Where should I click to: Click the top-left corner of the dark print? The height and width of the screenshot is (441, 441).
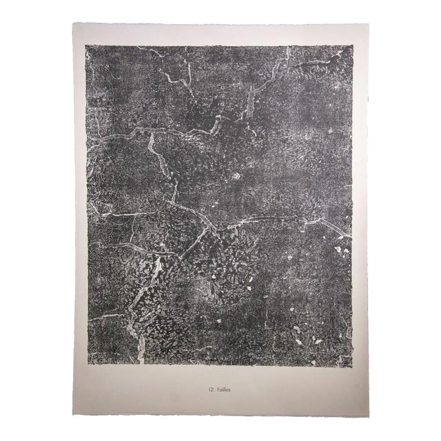click(85, 45)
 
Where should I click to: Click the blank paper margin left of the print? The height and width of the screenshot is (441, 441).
click(79, 207)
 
